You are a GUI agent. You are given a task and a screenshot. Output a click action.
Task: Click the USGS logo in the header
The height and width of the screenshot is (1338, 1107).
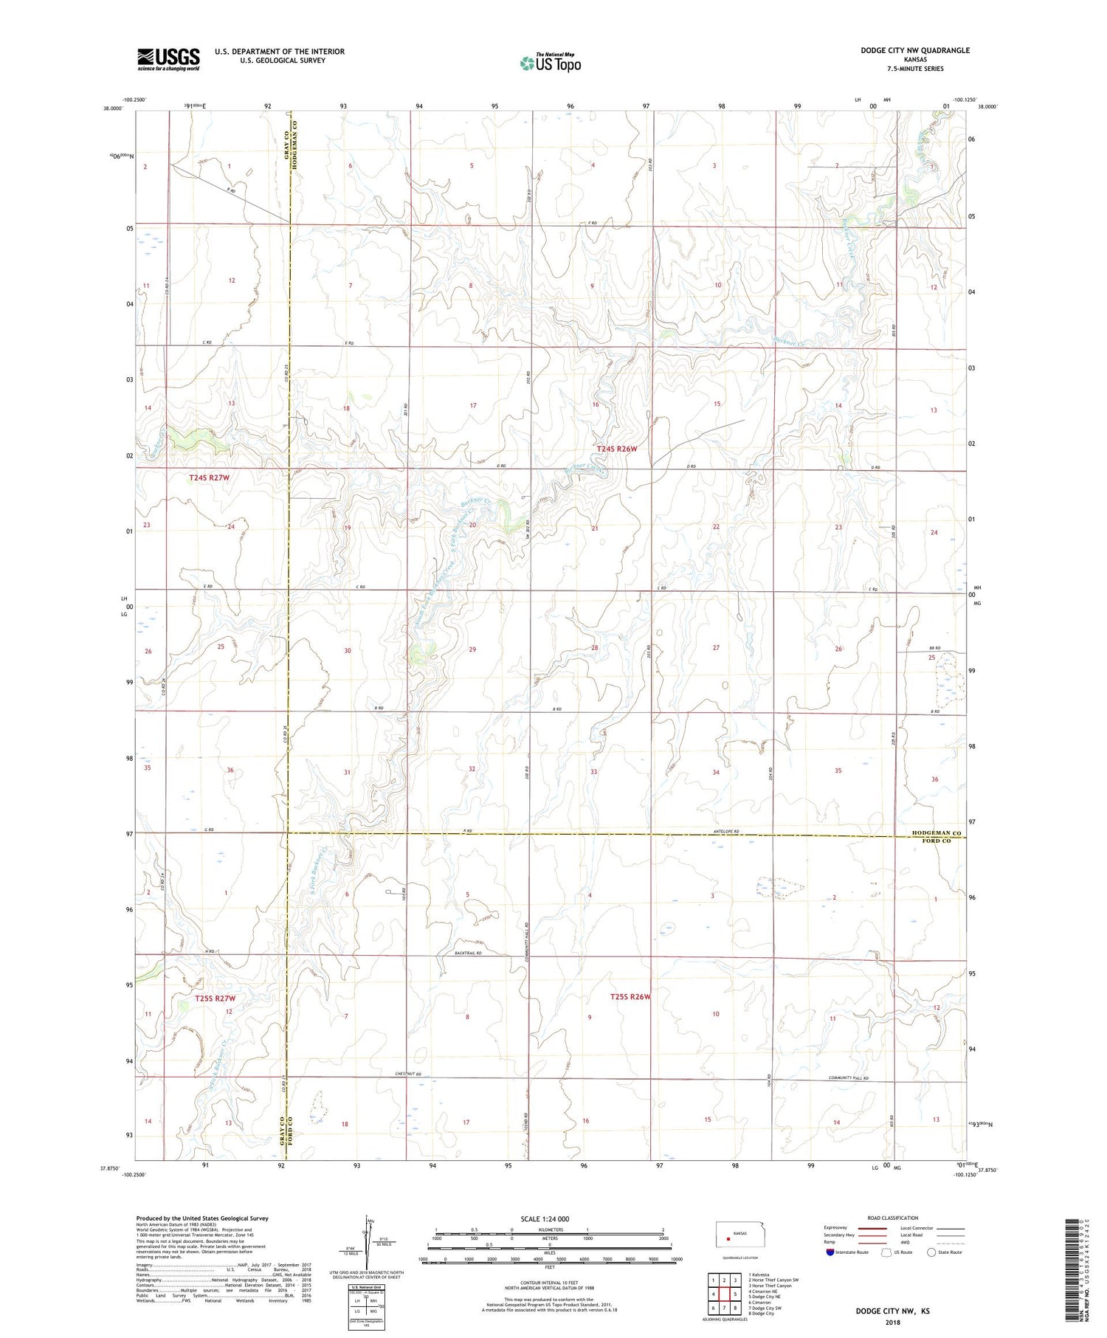pos(168,59)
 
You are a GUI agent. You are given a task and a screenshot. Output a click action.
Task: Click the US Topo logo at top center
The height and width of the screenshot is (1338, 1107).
pos(550,63)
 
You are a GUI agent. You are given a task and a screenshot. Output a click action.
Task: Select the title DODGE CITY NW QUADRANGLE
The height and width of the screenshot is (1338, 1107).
pos(914,50)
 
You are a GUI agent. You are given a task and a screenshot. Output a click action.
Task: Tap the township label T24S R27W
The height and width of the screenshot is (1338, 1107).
pos(209,478)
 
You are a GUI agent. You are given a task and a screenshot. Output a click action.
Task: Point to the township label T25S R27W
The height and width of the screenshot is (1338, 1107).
pos(215,999)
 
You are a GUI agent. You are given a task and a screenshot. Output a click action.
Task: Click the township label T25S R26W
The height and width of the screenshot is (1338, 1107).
pos(630,997)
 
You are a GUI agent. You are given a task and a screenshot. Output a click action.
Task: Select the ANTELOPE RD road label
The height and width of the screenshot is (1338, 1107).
pos(737,832)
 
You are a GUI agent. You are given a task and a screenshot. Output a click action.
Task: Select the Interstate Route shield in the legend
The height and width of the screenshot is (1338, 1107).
pos(830,1252)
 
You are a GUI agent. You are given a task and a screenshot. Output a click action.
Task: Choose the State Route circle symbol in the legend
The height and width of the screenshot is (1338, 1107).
pos(931,1252)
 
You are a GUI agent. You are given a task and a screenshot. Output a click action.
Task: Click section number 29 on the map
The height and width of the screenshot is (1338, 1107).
pos(472,649)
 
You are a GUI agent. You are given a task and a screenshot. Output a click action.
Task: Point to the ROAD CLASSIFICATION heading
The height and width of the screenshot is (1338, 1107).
pos(892,1218)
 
